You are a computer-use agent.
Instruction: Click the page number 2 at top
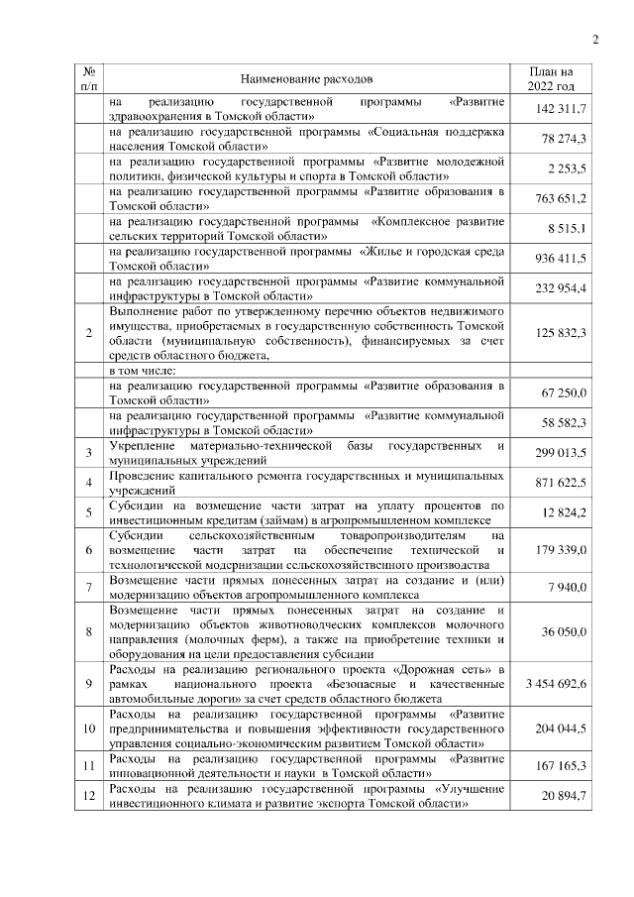pyautogui.click(x=596, y=40)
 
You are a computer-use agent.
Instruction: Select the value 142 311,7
pyautogui.click(x=563, y=107)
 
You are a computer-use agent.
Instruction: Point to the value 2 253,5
pyautogui.click(x=569, y=168)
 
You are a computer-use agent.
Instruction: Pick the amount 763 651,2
pyautogui.click(x=563, y=198)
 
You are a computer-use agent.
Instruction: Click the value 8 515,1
pyautogui.click(x=569, y=229)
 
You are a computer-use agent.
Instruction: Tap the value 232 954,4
pyautogui.click(x=563, y=288)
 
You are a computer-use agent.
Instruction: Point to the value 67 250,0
pyautogui.click(x=566, y=393)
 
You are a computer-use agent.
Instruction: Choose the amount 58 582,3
pyautogui.click(x=566, y=423)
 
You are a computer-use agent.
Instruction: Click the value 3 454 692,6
pyautogui.click(x=557, y=684)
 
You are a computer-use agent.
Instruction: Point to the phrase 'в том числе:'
pyautogui.click(x=144, y=370)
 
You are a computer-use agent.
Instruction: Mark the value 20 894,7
pyautogui.click(x=566, y=797)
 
